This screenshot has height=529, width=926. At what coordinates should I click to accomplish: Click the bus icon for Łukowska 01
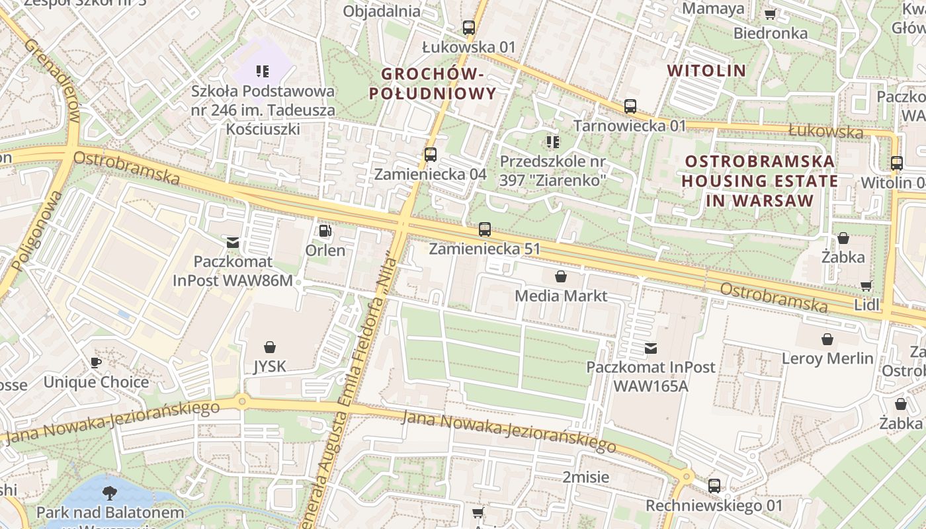coord(469,28)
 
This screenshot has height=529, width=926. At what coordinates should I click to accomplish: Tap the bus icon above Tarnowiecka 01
coord(630,106)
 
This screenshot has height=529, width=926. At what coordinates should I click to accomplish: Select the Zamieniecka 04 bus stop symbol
coord(431,155)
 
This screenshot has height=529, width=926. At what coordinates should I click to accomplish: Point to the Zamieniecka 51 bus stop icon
coord(485,229)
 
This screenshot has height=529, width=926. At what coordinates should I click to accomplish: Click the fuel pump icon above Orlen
coord(325,231)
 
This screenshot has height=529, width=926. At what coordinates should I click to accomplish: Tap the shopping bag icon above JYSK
coord(270,347)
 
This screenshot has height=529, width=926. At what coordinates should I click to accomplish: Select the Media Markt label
coord(561,296)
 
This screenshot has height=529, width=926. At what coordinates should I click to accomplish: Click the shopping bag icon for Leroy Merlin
coord(827,339)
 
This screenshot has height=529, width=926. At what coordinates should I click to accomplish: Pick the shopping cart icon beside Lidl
coord(866,286)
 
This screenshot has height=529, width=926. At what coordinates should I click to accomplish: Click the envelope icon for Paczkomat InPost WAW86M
coord(233,243)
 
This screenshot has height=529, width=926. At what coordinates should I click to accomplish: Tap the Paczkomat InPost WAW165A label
coord(651,376)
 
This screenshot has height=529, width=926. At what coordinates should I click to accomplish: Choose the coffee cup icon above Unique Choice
coord(96,362)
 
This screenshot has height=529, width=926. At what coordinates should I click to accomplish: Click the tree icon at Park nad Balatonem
coord(110,492)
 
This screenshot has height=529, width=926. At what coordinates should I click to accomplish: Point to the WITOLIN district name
coord(706,71)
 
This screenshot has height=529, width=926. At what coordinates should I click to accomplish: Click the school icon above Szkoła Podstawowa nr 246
coord(263,71)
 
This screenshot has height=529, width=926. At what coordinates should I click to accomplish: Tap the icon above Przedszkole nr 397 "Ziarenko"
coord(553,142)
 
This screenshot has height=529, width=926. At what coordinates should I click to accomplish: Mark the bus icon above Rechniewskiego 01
coord(714,485)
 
